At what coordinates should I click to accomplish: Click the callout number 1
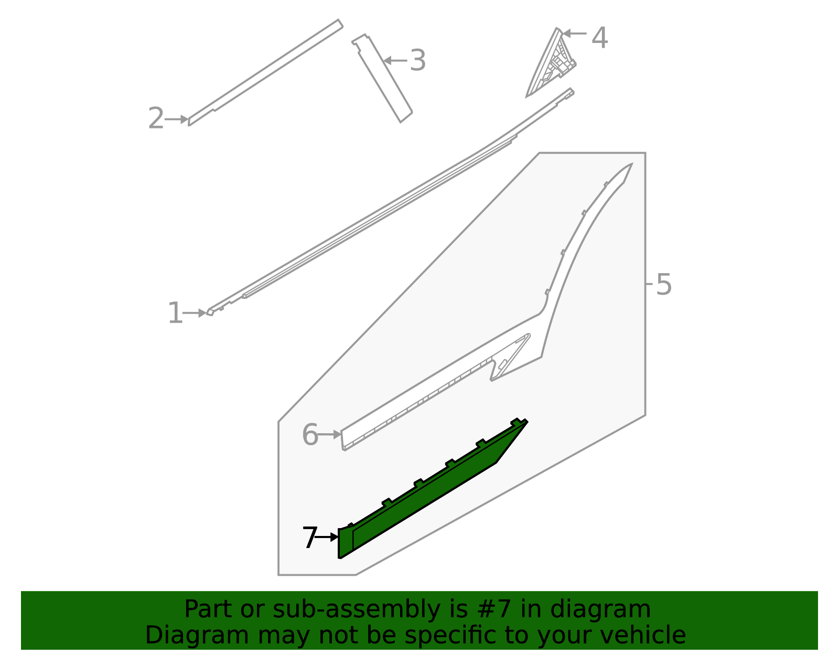click(175, 313)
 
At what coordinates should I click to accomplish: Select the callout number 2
click(156, 119)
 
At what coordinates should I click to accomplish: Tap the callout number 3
click(417, 60)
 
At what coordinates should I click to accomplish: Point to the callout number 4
click(599, 38)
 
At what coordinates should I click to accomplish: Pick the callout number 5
click(663, 285)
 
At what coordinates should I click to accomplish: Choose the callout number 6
click(310, 435)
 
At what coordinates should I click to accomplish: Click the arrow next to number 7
click(327, 538)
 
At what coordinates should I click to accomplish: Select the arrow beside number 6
click(329, 434)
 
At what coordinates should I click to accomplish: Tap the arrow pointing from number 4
click(574, 34)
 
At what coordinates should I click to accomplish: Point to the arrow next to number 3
click(395, 60)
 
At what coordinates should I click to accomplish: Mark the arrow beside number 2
click(177, 119)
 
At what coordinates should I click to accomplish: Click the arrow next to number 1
click(195, 313)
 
